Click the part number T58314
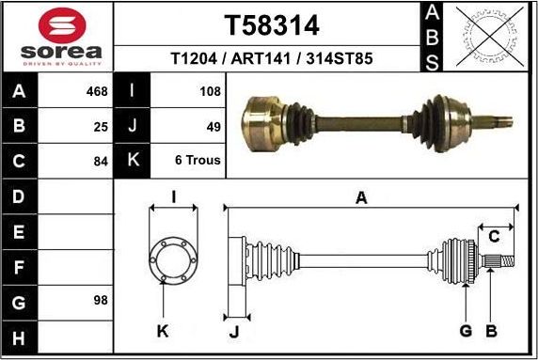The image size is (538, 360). tap(270, 24)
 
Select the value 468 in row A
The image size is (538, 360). tap(97, 91)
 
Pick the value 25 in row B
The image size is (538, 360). tap(101, 126)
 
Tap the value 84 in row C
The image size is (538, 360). tap(101, 160)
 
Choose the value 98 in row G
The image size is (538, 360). tap(101, 300)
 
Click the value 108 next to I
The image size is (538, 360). tap(210, 91)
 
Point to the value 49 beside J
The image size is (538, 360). tap(213, 126)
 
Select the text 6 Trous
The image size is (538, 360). tap(198, 160)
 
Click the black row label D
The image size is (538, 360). tap(20, 196)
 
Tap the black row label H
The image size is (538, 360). tap(20, 336)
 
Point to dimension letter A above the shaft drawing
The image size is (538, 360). tap(360, 197)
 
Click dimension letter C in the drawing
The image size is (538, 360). tap(494, 237)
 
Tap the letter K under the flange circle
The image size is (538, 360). tap(162, 330)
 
